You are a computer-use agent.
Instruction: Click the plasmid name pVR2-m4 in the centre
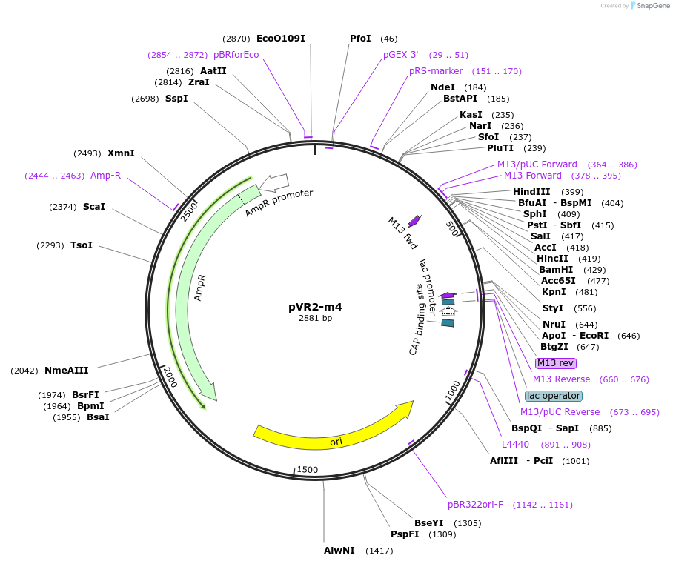click(x=315, y=306)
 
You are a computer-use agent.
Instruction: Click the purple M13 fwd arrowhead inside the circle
click(x=415, y=220)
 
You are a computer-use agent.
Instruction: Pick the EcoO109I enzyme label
click(x=280, y=38)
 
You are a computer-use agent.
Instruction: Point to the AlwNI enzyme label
click(x=339, y=550)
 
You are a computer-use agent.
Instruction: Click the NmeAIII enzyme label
click(x=66, y=371)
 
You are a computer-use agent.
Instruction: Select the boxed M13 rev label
click(x=555, y=362)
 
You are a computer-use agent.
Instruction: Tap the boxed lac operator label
click(x=553, y=396)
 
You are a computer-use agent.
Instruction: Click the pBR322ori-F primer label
click(x=475, y=505)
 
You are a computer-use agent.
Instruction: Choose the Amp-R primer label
click(x=105, y=176)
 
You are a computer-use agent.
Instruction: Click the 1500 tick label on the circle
click(x=307, y=470)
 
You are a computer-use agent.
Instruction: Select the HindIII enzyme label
click(x=531, y=192)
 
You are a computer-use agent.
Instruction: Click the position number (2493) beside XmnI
click(x=87, y=153)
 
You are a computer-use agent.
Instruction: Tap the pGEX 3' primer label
click(x=400, y=55)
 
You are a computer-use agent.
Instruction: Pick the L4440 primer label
click(x=515, y=445)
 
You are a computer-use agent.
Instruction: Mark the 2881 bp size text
click(x=315, y=319)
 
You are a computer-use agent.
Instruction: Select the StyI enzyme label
click(x=553, y=308)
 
